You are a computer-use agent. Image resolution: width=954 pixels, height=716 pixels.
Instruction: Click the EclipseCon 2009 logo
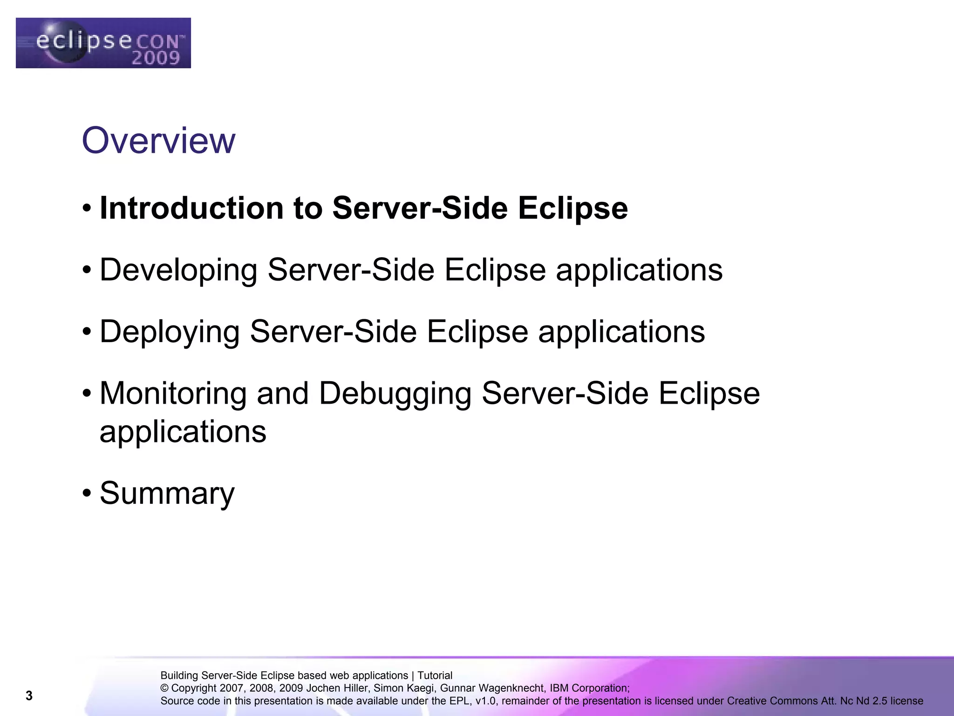[x=103, y=43]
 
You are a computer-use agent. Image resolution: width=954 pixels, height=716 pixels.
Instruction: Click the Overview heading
[x=158, y=140]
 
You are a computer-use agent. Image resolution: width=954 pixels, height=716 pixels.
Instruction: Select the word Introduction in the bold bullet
[x=191, y=208]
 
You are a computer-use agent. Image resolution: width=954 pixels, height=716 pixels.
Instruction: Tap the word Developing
[x=178, y=270]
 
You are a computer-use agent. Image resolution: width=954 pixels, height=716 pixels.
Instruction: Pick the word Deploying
[x=170, y=332]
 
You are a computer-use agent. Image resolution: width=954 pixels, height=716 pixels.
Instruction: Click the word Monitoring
[x=173, y=393]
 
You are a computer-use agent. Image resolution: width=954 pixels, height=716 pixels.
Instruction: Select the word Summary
[x=167, y=493]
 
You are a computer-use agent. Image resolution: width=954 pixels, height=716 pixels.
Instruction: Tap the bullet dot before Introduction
[x=87, y=208]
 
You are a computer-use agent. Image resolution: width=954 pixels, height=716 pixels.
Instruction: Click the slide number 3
[x=29, y=696]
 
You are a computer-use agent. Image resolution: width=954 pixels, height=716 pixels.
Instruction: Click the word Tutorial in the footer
[x=435, y=675]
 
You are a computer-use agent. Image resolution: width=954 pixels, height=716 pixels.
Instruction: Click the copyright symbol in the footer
[x=164, y=688]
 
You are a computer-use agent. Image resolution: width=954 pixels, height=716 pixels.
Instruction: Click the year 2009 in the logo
[x=155, y=58]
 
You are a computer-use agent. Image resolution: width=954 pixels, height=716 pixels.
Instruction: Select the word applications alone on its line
[x=183, y=432]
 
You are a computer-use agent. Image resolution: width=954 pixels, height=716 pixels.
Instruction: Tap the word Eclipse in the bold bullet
[x=572, y=208]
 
